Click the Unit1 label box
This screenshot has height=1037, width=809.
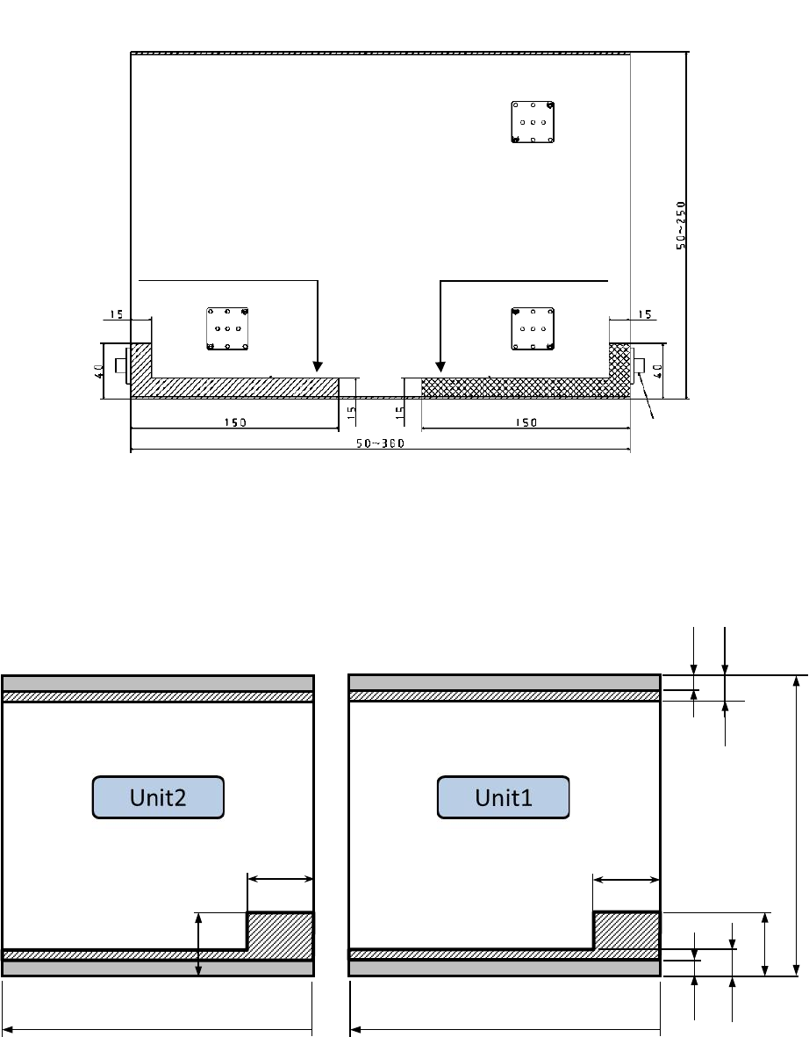[503, 797]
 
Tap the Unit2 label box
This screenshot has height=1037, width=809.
[158, 797]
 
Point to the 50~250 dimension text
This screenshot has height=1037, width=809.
[681, 226]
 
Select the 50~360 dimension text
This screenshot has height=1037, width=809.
[380, 443]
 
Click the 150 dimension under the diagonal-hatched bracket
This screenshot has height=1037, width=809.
[235, 422]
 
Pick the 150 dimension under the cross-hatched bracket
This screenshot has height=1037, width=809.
[526, 422]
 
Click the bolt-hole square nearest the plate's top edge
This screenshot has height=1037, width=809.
[533, 122]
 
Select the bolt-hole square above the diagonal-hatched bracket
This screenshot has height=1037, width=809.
[227, 328]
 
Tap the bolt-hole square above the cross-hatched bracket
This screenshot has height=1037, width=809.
[533, 328]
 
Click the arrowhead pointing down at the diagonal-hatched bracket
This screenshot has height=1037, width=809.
[318, 366]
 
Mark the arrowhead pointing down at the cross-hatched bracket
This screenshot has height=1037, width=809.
[440, 366]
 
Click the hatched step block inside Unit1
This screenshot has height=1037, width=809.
[626, 931]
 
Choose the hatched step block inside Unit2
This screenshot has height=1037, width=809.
[280, 931]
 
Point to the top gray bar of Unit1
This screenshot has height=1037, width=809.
[505, 683]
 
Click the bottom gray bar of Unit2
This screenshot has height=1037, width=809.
[158, 968]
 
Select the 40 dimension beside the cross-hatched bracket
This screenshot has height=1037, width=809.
[658, 371]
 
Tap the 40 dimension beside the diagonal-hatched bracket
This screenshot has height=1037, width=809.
[99, 371]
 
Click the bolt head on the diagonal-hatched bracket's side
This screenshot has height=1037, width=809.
[122, 365]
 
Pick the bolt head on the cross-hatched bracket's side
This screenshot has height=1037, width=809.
[639, 365]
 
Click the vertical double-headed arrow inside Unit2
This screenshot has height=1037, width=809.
[198, 944]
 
